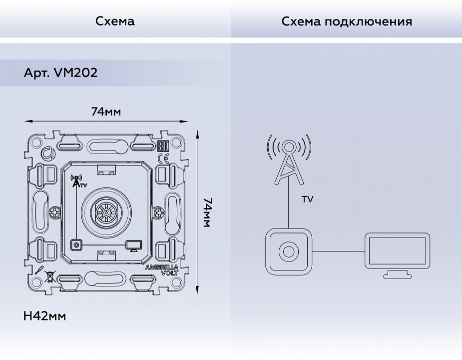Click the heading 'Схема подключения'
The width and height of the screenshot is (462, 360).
click(347, 21)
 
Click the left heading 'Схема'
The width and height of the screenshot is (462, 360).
click(115, 21)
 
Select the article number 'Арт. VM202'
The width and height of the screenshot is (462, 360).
click(60, 73)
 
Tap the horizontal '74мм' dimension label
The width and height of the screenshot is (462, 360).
click(106, 111)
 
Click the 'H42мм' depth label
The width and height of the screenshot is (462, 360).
click(44, 316)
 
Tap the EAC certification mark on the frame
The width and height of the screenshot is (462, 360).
click(163, 146)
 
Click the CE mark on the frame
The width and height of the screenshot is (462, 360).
click(163, 159)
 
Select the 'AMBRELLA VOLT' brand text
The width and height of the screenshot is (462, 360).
click(162, 270)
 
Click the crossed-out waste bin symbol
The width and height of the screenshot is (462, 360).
click(50, 274)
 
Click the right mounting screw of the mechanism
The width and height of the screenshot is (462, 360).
click(158, 213)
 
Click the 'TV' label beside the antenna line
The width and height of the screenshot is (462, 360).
click(308, 199)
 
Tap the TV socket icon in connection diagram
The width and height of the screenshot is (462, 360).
click(288, 251)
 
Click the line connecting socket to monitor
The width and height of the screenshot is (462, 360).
click(338, 251)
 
